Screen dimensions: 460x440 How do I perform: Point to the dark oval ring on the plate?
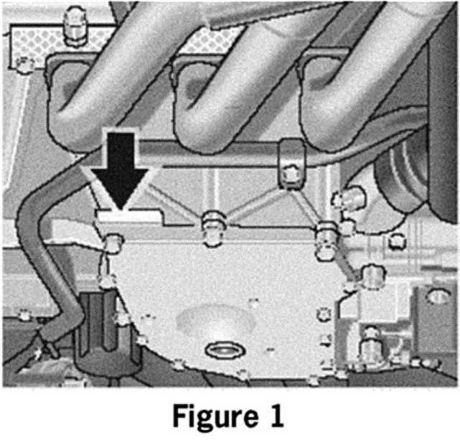click(224, 350)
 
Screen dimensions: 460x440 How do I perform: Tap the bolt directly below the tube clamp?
click(291, 175)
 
